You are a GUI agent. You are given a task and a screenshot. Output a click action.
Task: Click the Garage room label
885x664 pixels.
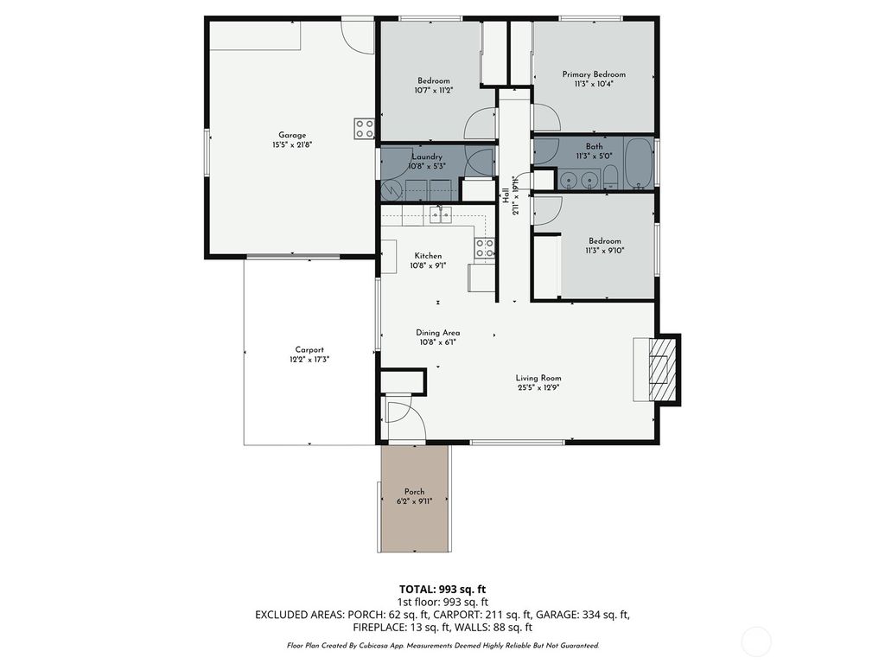[292, 135]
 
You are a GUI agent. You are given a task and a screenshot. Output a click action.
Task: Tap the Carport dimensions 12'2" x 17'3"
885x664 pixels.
[309, 359]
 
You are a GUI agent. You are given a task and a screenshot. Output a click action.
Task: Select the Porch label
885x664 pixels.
[414, 491]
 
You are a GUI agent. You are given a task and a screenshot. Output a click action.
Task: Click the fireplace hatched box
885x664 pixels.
[661, 369]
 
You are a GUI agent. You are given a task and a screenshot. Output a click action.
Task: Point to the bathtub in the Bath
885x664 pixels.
[640, 163]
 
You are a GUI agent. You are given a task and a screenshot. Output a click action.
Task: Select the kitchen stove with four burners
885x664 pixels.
[484, 248]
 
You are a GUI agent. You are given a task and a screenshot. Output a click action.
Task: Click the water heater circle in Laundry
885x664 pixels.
[391, 189]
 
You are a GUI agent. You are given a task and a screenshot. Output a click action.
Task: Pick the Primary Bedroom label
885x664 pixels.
[593, 74]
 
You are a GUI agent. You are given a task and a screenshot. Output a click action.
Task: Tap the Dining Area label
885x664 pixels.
[437, 333]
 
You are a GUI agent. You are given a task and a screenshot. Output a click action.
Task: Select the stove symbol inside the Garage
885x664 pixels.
[364, 129]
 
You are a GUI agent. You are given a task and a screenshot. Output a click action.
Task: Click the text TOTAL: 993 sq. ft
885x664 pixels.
[442, 589]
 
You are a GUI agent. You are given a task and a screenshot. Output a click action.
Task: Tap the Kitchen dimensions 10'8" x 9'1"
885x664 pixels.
[428, 265]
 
